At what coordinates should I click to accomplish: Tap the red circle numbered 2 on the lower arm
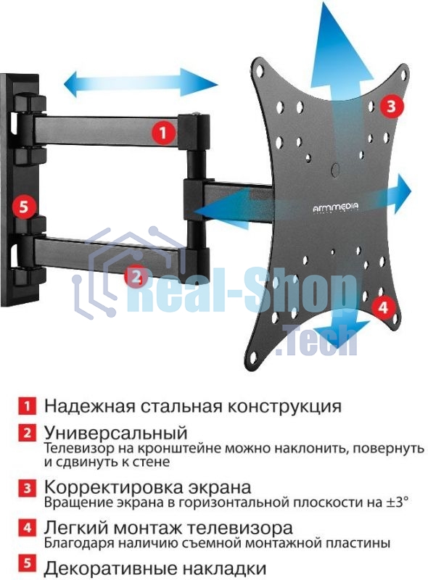pyautogui.click(x=136, y=276)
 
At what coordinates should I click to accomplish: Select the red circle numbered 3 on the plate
pyautogui.click(x=390, y=107)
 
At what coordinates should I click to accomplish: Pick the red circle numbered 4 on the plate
pyautogui.click(x=384, y=307)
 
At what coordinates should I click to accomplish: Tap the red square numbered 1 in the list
pyautogui.click(x=27, y=405)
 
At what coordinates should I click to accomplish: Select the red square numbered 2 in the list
pyautogui.click(x=27, y=434)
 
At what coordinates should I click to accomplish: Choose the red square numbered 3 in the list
pyautogui.click(x=27, y=487)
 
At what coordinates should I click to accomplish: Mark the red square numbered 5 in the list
pyautogui.click(x=27, y=566)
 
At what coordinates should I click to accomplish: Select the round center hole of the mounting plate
pyautogui.click(x=334, y=169)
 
